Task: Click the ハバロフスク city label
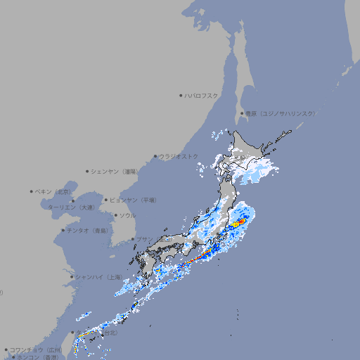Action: click(x=202, y=95)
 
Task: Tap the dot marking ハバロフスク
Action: click(x=181, y=95)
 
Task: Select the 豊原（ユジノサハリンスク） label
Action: click(x=281, y=113)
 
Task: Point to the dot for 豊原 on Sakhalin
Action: click(x=242, y=113)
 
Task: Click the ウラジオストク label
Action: click(x=179, y=156)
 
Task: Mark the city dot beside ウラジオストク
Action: click(x=155, y=156)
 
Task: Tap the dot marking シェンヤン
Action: click(x=88, y=171)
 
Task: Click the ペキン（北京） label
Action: click(x=53, y=191)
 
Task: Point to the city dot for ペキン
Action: click(x=32, y=191)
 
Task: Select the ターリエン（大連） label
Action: click(x=70, y=207)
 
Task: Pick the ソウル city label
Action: click(x=127, y=215)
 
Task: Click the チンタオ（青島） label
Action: click(x=88, y=231)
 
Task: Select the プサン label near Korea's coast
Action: click(x=143, y=239)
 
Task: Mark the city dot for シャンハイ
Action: click(x=72, y=277)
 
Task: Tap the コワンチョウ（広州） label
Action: click(x=35, y=349)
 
